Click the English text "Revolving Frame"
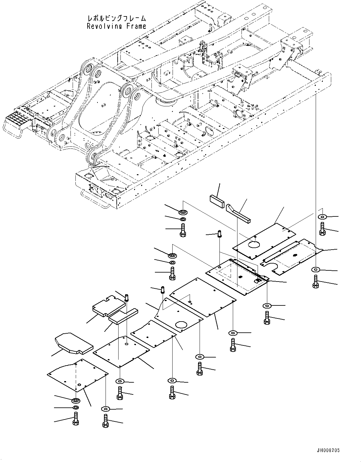click(x=116, y=26)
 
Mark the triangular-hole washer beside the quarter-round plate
click(x=106, y=408)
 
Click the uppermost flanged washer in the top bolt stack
click(x=183, y=212)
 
